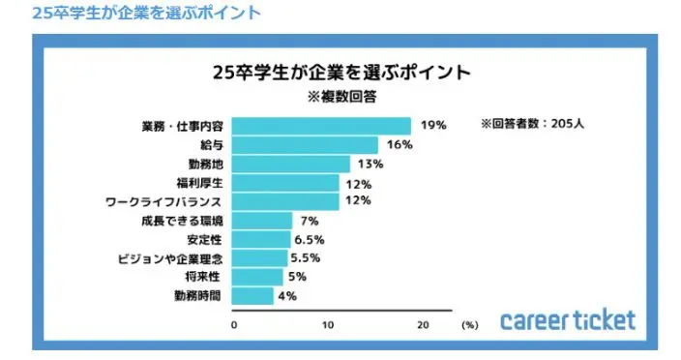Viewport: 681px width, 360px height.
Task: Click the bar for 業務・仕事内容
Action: (x=322, y=126)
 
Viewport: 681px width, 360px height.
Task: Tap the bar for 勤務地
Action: (x=292, y=164)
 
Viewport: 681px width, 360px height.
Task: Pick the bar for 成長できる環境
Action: (x=263, y=220)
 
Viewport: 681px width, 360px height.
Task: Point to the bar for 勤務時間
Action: (x=253, y=296)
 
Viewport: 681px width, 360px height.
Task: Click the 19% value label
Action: (x=432, y=126)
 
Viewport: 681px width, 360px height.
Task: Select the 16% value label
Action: (x=400, y=145)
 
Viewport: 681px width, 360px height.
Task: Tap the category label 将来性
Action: (x=210, y=277)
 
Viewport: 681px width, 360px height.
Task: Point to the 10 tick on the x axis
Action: (x=328, y=325)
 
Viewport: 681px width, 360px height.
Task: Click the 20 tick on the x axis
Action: (x=422, y=325)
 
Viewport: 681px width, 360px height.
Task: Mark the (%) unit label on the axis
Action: (x=470, y=326)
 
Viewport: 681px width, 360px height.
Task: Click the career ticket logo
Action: (x=567, y=319)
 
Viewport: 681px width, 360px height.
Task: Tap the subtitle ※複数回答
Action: (x=340, y=97)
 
